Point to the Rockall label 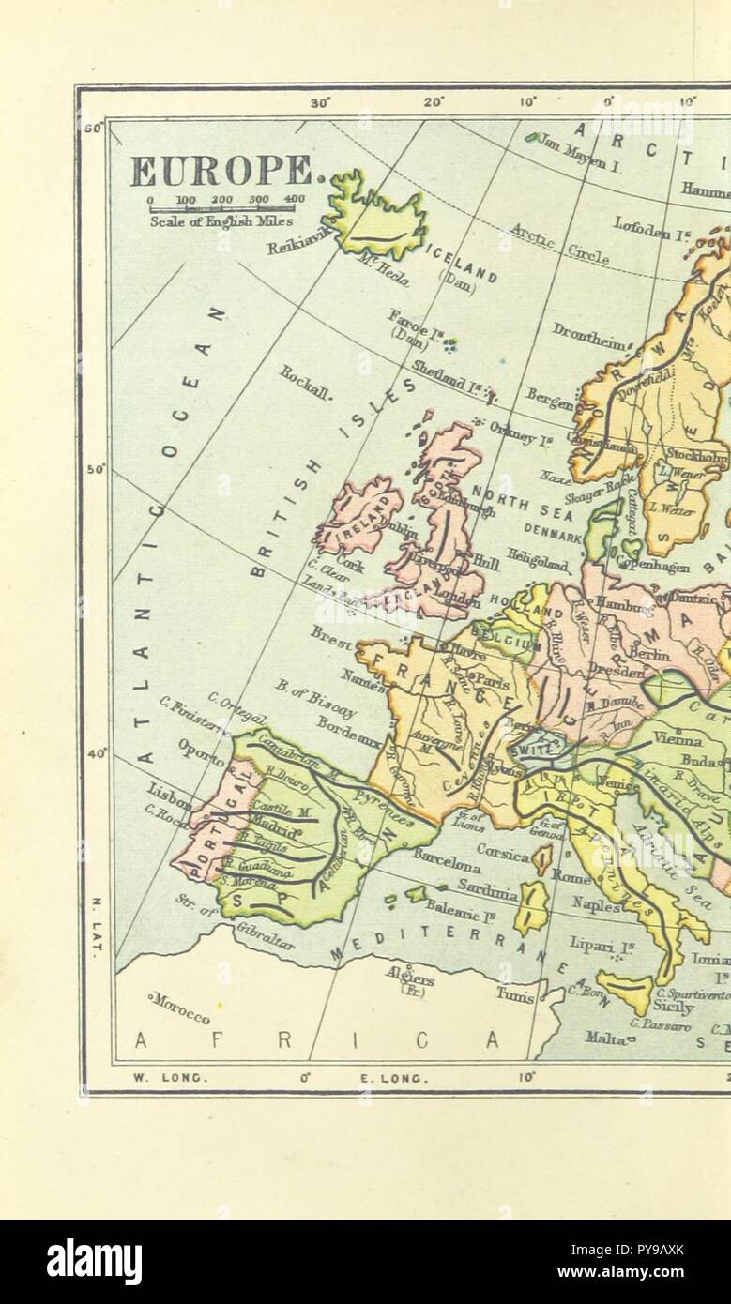tap(305, 383)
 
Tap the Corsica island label tap(504, 849)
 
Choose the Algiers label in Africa tap(410, 976)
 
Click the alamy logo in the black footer tap(95, 1261)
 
